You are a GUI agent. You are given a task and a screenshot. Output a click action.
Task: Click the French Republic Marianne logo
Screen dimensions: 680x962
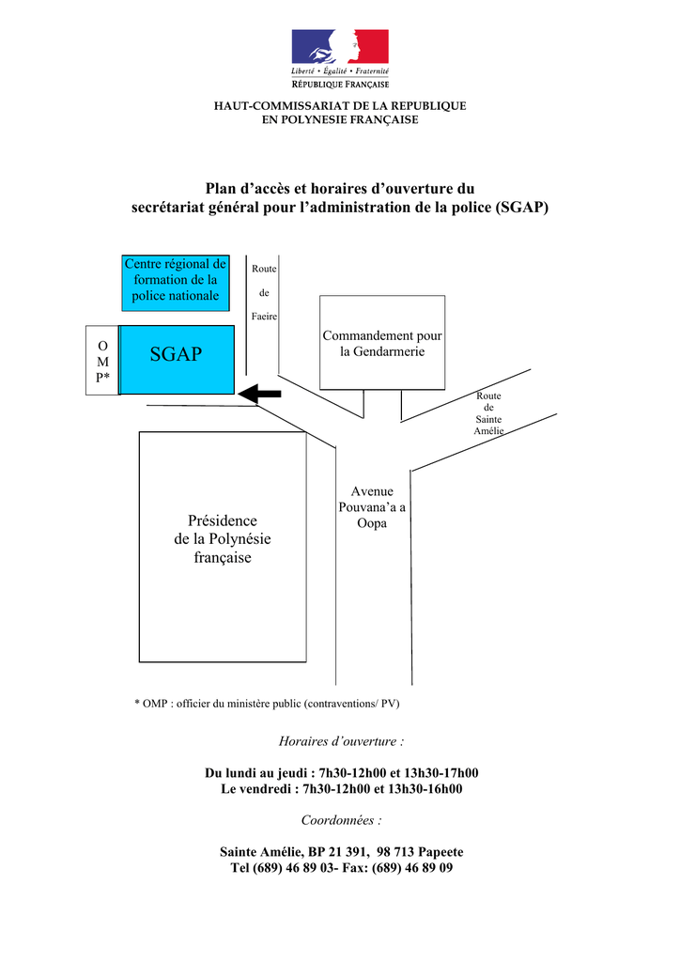pos(340,59)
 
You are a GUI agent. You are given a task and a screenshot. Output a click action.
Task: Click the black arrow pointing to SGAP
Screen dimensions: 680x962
pos(259,394)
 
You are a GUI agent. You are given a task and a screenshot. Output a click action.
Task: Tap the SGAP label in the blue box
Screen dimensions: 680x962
pos(176,354)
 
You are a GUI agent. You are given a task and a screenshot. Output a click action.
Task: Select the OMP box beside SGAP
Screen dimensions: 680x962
pos(102,360)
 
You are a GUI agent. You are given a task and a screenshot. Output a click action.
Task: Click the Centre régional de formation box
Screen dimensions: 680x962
pos(176,283)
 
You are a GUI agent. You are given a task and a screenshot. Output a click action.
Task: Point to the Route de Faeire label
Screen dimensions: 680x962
pos(264,293)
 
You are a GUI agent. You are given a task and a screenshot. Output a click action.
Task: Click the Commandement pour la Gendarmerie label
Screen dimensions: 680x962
pos(382,344)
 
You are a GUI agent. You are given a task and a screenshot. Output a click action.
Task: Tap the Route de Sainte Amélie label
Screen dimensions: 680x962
pos(488,413)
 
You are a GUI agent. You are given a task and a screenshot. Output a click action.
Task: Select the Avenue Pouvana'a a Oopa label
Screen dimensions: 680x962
pos(372,507)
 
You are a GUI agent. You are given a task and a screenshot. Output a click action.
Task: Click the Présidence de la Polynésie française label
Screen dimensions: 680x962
pos(223,539)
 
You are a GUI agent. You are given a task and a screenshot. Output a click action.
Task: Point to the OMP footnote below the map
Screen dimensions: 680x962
pos(267,704)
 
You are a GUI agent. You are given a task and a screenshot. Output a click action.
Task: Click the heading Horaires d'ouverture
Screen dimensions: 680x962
pos(342,741)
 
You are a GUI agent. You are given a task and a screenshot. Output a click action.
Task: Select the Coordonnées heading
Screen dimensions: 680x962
pos(342,820)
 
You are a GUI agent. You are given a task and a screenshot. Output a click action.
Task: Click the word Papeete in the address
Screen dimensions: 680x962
pos(440,852)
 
